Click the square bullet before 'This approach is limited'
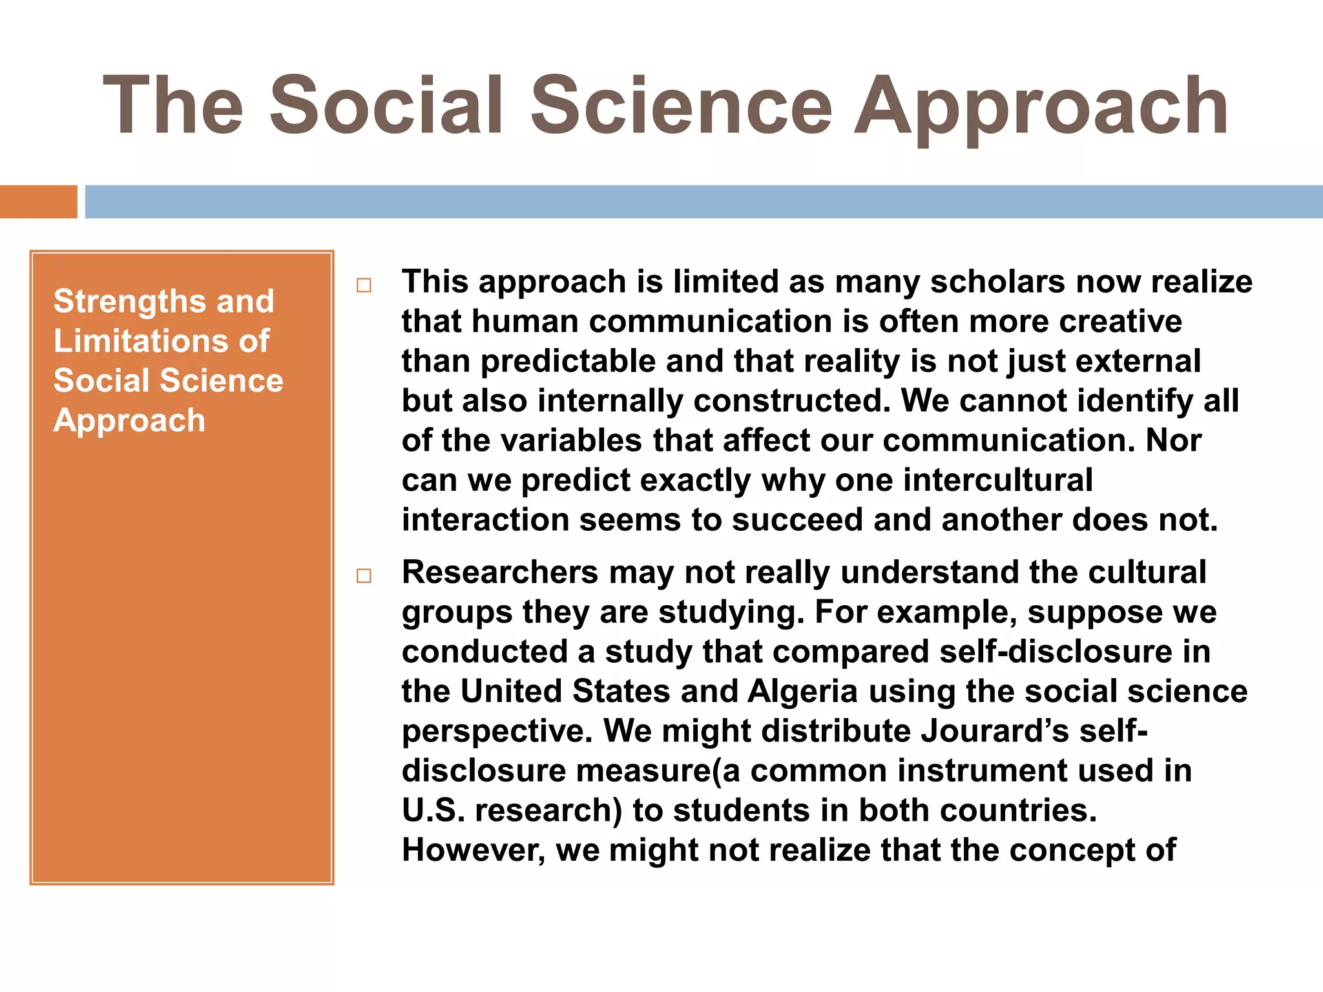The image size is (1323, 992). click(364, 285)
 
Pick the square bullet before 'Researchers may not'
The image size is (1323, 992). click(364, 575)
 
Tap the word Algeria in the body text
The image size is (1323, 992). click(802, 691)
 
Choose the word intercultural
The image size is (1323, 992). click(997, 480)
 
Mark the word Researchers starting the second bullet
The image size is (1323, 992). click(500, 572)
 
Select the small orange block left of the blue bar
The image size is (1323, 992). click(38, 201)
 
